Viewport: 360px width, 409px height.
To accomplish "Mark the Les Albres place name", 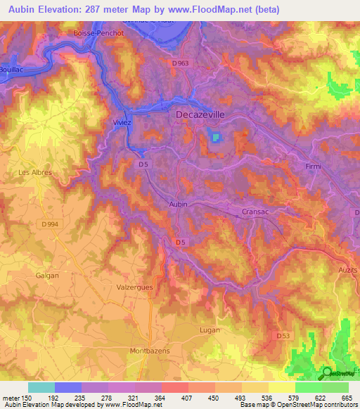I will point(35,171).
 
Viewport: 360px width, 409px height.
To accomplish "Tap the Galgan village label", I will point(47,275).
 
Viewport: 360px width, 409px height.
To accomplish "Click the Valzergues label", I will point(134,287).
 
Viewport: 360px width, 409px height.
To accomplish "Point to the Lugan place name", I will point(209,330).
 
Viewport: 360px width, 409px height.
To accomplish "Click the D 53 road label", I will point(283,337).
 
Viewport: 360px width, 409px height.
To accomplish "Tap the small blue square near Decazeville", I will point(215,137).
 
